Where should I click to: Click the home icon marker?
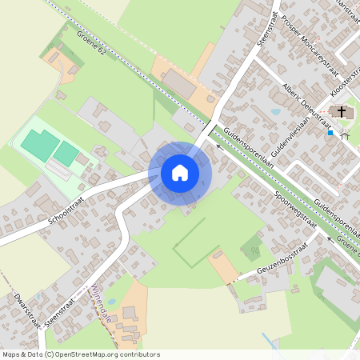click(179, 172)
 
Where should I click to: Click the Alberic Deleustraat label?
click(306, 105)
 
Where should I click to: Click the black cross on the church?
click(342, 112)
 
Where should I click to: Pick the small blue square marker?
click(330, 133)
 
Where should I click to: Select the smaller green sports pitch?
click(66, 153)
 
